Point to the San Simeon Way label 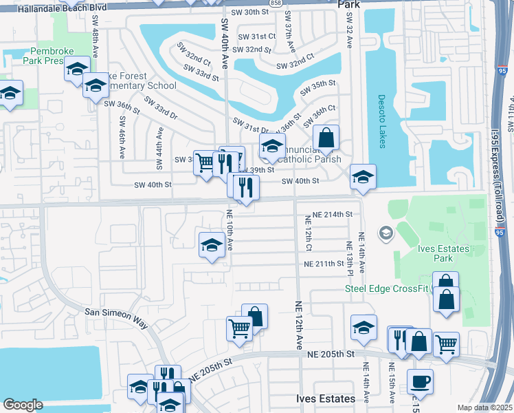tap(116, 311)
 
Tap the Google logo tap(23, 405)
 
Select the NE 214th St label tap(332, 215)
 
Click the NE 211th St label tap(324, 264)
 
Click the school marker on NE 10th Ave tap(212, 244)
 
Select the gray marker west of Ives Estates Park tap(385, 233)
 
